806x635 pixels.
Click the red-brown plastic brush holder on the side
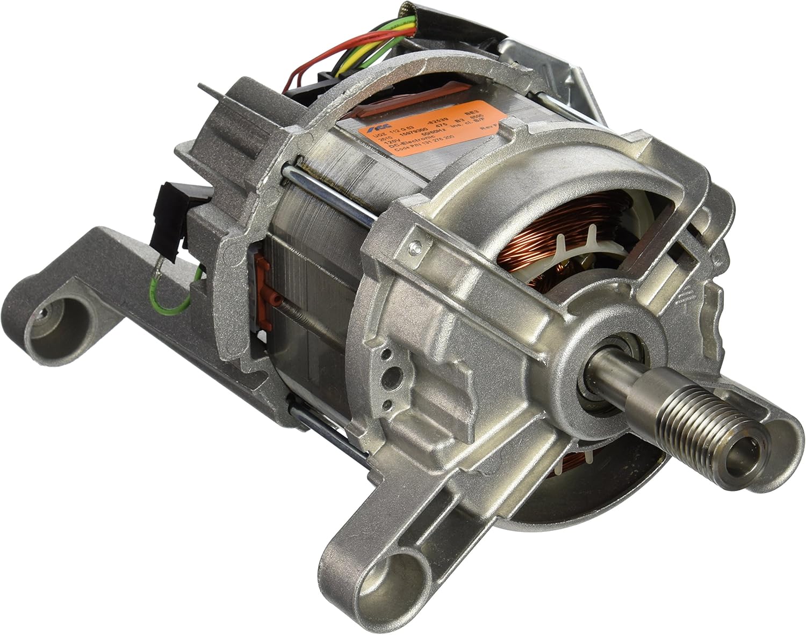263,279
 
